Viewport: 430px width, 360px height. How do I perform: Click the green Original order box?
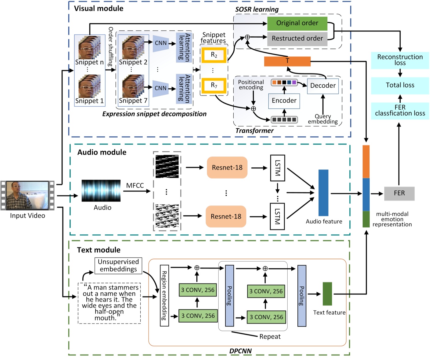(297, 23)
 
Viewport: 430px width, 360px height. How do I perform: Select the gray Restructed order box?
(297, 39)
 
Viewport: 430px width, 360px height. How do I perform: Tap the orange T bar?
(287, 61)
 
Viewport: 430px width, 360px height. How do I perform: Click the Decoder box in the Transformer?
(323, 85)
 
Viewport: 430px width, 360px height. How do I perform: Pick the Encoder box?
(284, 101)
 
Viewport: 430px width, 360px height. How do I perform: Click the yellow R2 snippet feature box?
(214, 55)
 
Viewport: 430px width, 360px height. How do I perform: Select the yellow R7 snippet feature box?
(214, 85)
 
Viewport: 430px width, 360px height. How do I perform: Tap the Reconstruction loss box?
(400, 60)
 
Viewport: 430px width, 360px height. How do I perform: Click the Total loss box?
(400, 85)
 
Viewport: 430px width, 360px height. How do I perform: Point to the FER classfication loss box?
(400, 111)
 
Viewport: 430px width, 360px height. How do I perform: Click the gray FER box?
(399, 193)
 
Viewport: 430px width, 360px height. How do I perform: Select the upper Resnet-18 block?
(227, 168)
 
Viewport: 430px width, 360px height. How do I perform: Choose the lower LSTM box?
(277, 216)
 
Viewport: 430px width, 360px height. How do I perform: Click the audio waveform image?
(101, 191)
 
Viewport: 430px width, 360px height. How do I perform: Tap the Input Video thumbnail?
(28, 195)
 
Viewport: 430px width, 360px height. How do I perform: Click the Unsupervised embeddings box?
(118, 266)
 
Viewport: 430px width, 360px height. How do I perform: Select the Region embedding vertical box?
(164, 295)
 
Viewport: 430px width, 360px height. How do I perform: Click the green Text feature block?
(327, 294)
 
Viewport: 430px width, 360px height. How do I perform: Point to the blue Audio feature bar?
(323, 193)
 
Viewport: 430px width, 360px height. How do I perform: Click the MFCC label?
(135, 186)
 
